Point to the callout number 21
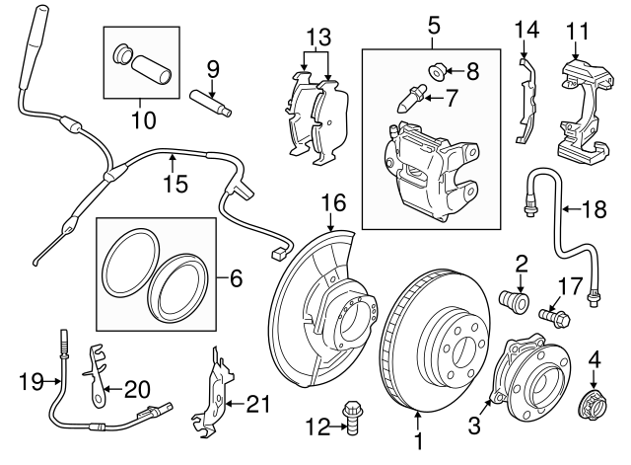[258, 403]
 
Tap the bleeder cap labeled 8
[439, 70]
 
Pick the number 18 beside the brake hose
[595, 209]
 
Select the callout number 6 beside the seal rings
[235, 280]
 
